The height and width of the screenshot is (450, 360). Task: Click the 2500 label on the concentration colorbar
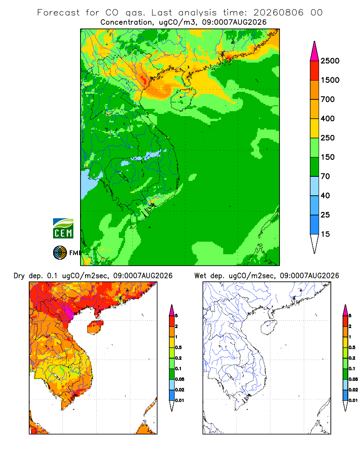coord(330,61)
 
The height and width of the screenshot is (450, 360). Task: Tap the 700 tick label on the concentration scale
coord(328,99)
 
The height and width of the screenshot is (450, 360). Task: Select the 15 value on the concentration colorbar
coord(325,234)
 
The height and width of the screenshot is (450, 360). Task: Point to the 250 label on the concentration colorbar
coord(328,138)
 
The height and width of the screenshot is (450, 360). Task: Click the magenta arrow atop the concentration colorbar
coord(315,52)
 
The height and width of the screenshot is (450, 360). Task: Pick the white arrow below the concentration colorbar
coord(315,243)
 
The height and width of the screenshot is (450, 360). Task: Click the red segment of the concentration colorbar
coord(315,71)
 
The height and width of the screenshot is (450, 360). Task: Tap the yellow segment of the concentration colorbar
coord(315,128)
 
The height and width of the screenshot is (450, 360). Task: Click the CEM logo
coord(63,229)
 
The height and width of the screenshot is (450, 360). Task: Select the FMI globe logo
coord(60,253)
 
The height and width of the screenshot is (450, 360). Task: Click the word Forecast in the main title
coord(58,13)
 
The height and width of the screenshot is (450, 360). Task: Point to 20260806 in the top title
coord(279,13)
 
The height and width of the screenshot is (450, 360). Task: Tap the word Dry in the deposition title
coord(19,276)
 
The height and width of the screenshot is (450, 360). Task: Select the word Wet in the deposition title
coord(200,276)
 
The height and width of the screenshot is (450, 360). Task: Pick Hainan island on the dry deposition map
coord(95,327)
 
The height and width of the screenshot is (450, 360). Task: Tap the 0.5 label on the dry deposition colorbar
coord(178,347)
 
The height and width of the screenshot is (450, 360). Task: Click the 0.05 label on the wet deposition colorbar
coord(353,379)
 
